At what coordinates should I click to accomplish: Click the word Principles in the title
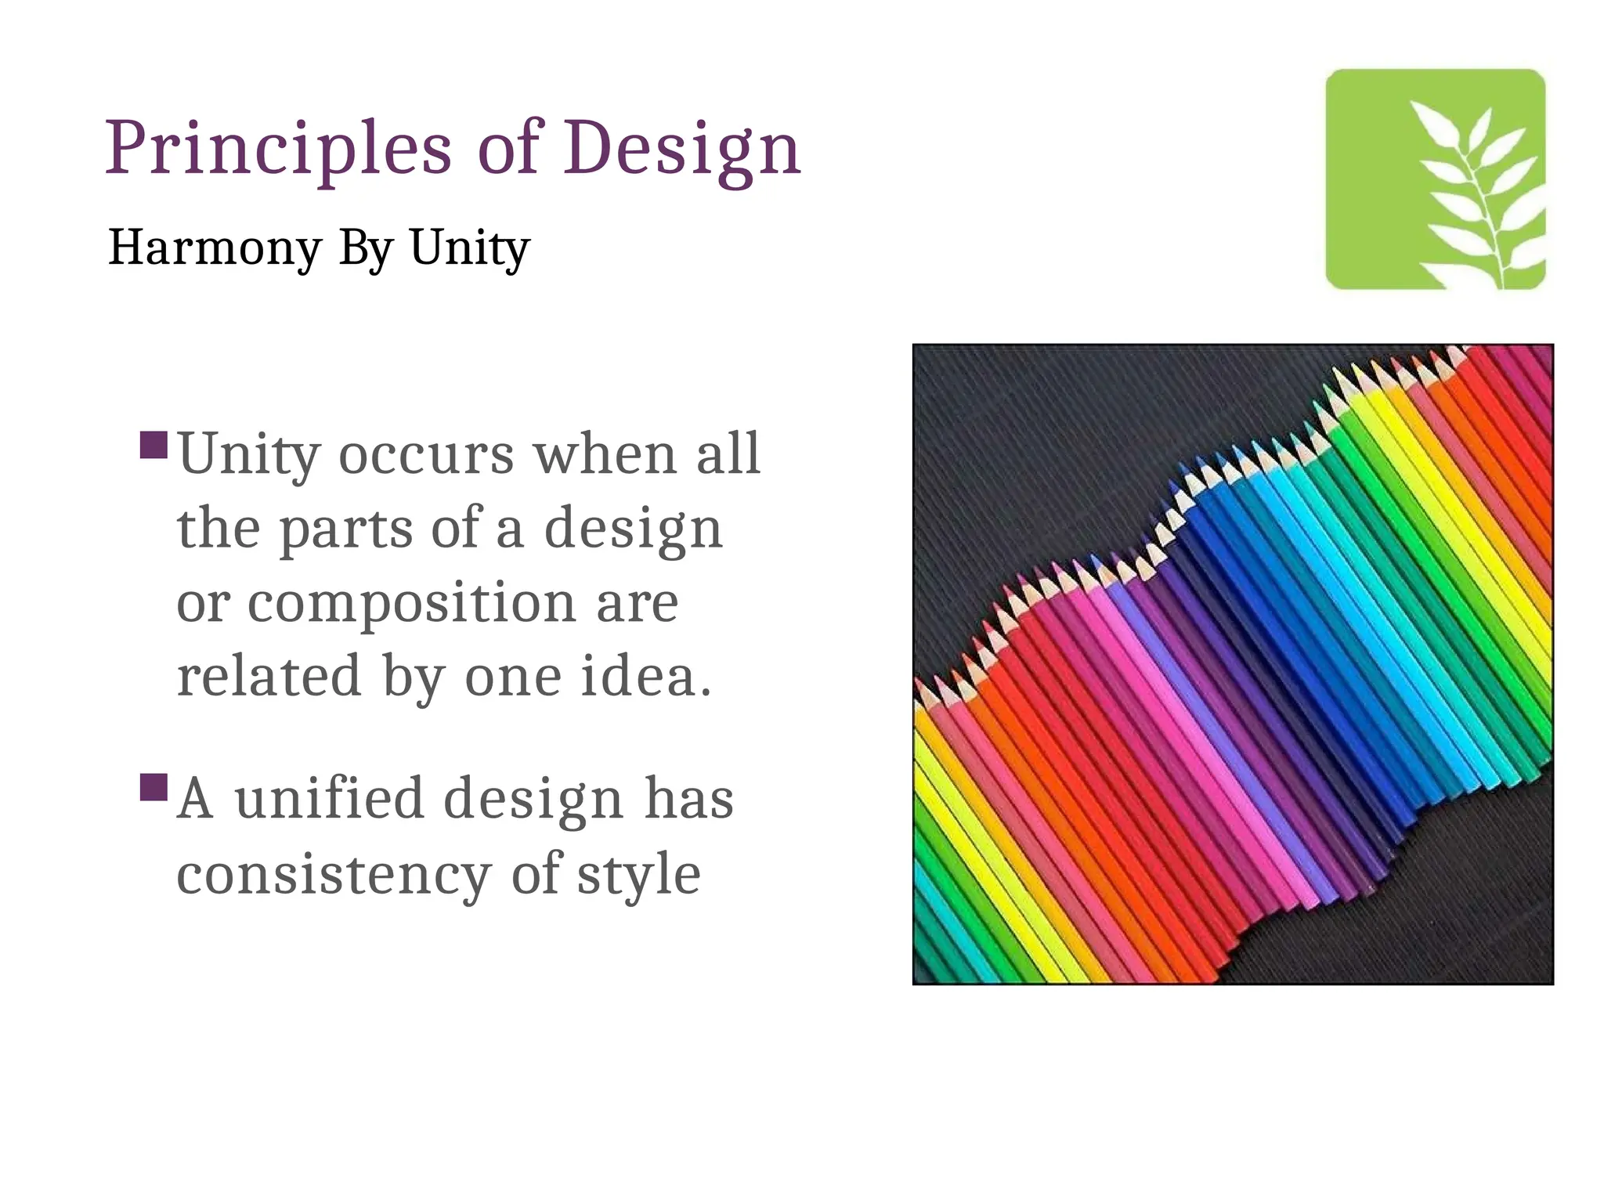click(278, 149)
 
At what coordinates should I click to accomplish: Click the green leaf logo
click(1435, 179)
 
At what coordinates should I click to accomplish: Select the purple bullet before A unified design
click(154, 787)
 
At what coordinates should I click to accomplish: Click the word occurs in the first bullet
click(426, 454)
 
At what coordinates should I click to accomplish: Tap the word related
click(269, 676)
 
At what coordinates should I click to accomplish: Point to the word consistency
click(334, 874)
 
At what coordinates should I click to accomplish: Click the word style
click(638, 874)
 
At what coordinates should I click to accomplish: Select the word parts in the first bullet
click(345, 529)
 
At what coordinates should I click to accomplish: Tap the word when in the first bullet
click(605, 454)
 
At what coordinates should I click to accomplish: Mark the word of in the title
click(509, 149)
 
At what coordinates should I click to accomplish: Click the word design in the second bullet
click(533, 799)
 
